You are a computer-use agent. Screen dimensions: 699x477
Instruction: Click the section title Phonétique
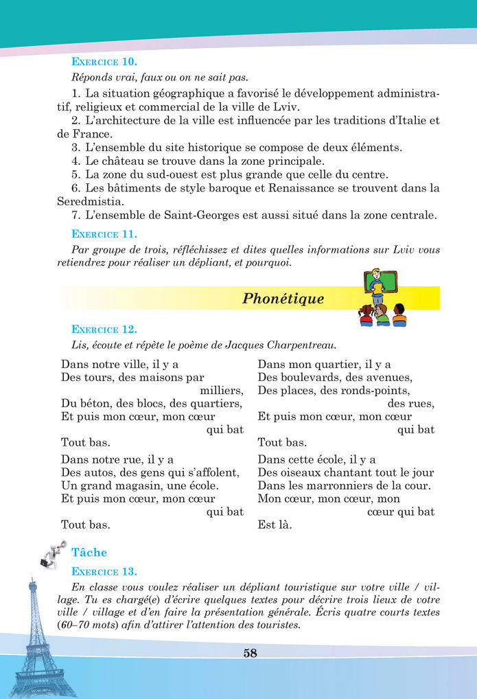[x=283, y=299]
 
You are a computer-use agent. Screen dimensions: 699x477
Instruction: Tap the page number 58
[x=250, y=653]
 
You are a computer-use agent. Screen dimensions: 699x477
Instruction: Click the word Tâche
[x=89, y=551]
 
